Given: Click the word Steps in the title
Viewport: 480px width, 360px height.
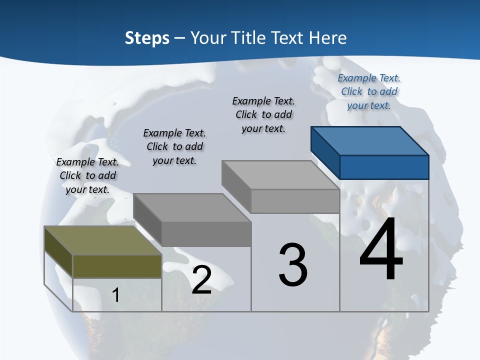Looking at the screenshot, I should tap(147, 38).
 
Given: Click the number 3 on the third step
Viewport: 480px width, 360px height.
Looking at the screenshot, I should tap(293, 265).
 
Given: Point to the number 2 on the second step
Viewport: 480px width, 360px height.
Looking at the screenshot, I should tap(201, 280).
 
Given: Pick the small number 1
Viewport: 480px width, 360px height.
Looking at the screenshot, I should tap(116, 295).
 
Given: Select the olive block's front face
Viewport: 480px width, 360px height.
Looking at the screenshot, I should tap(117, 266).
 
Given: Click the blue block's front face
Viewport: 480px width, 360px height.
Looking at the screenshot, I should tap(384, 167).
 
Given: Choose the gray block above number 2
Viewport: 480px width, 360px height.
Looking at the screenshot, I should tap(192, 220).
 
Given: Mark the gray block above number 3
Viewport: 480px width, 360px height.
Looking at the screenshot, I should tap(281, 186).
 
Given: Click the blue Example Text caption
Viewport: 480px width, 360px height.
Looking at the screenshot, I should tap(369, 91).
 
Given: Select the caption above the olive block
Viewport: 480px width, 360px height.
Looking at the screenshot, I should tap(87, 175).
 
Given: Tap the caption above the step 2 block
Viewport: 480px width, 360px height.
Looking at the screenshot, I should tap(174, 146).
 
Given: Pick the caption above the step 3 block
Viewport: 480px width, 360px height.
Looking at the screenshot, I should tap(263, 114).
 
